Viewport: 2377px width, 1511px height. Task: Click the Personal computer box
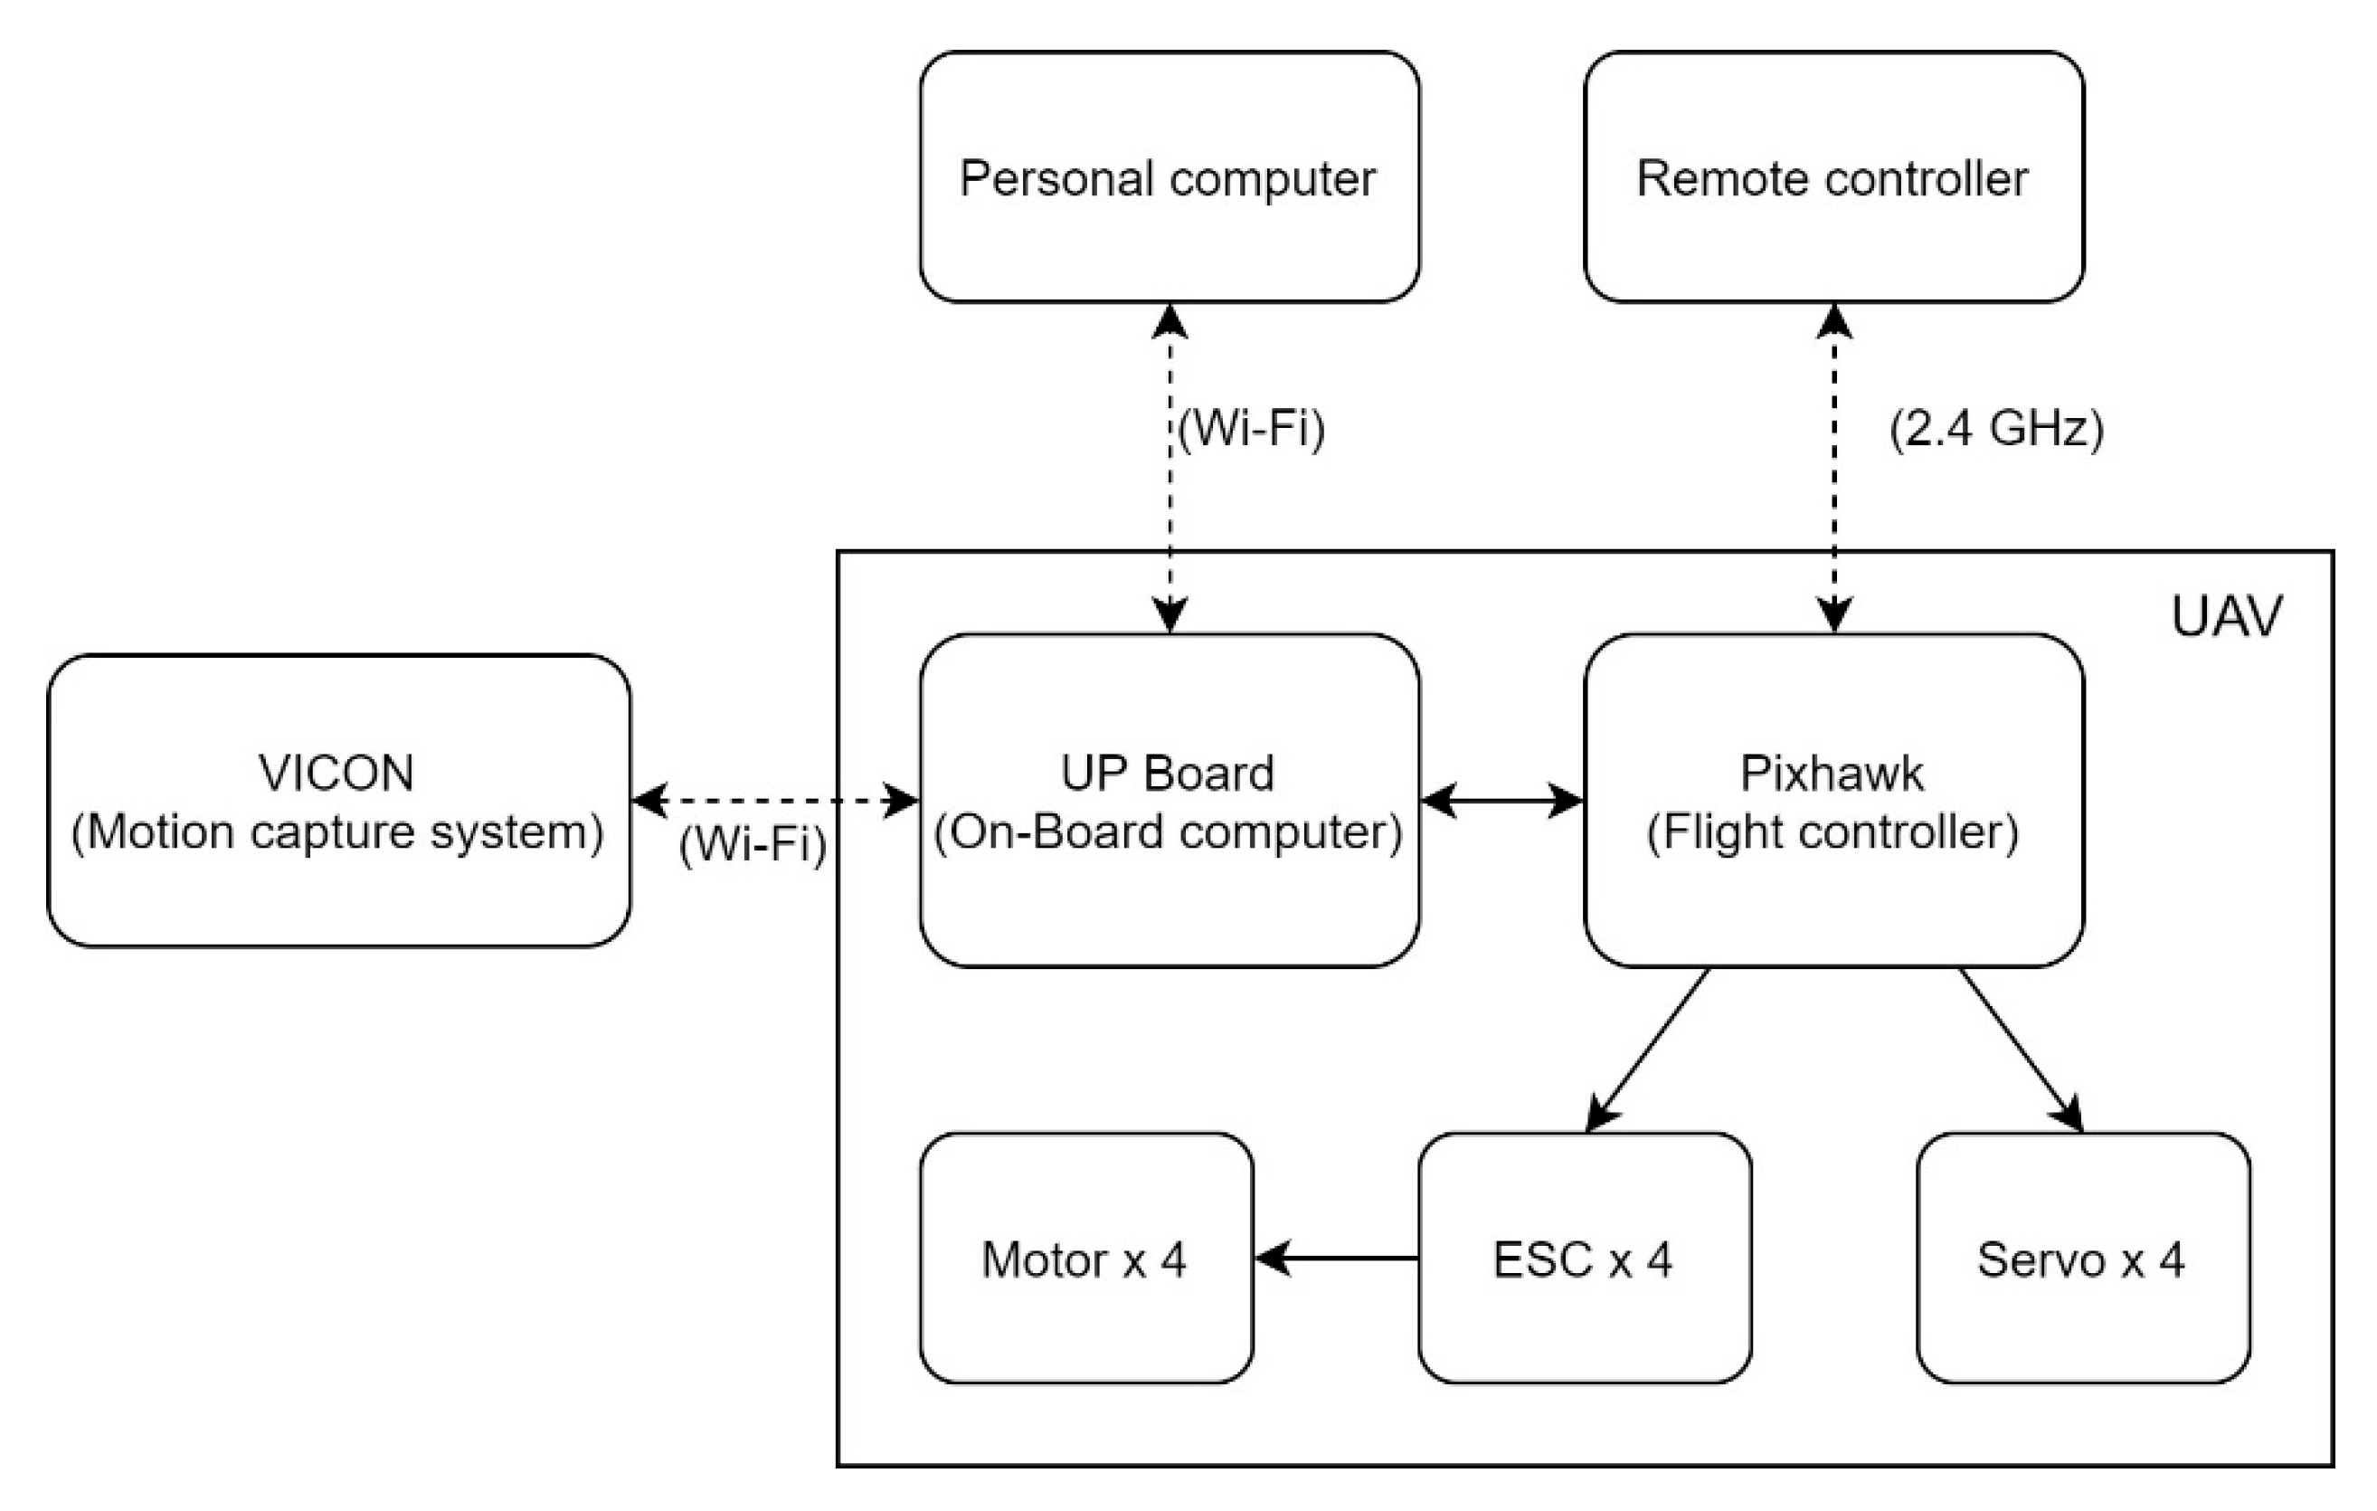pyautogui.click(x=1169, y=177)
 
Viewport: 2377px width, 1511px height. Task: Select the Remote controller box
pyautogui.click(x=1833, y=177)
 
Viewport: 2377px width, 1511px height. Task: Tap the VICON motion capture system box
pyautogui.click(x=338, y=801)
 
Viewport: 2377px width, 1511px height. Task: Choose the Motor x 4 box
pyautogui.click(x=1085, y=1259)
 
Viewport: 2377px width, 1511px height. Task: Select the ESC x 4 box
pyautogui.click(x=1585, y=1259)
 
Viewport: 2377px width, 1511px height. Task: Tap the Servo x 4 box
pyautogui.click(x=2083, y=1259)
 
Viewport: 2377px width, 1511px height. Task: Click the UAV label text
pyautogui.click(x=2227, y=617)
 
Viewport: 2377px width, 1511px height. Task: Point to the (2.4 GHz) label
pyautogui.click(x=1997, y=429)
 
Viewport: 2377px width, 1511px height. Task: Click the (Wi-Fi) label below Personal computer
pyautogui.click(x=1252, y=429)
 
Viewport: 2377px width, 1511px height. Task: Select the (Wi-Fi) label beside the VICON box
pyautogui.click(x=753, y=845)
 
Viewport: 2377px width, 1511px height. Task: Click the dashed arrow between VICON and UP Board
pyautogui.click(x=775, y=801)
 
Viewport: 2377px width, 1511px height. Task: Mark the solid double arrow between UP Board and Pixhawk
pyautogui.click(x=1501, y=801)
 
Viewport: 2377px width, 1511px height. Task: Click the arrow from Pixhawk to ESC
pyautogui.click(x=1649, y=1049)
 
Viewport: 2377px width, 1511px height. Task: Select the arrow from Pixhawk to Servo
pyautogui.click(x=2020, y=1049)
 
